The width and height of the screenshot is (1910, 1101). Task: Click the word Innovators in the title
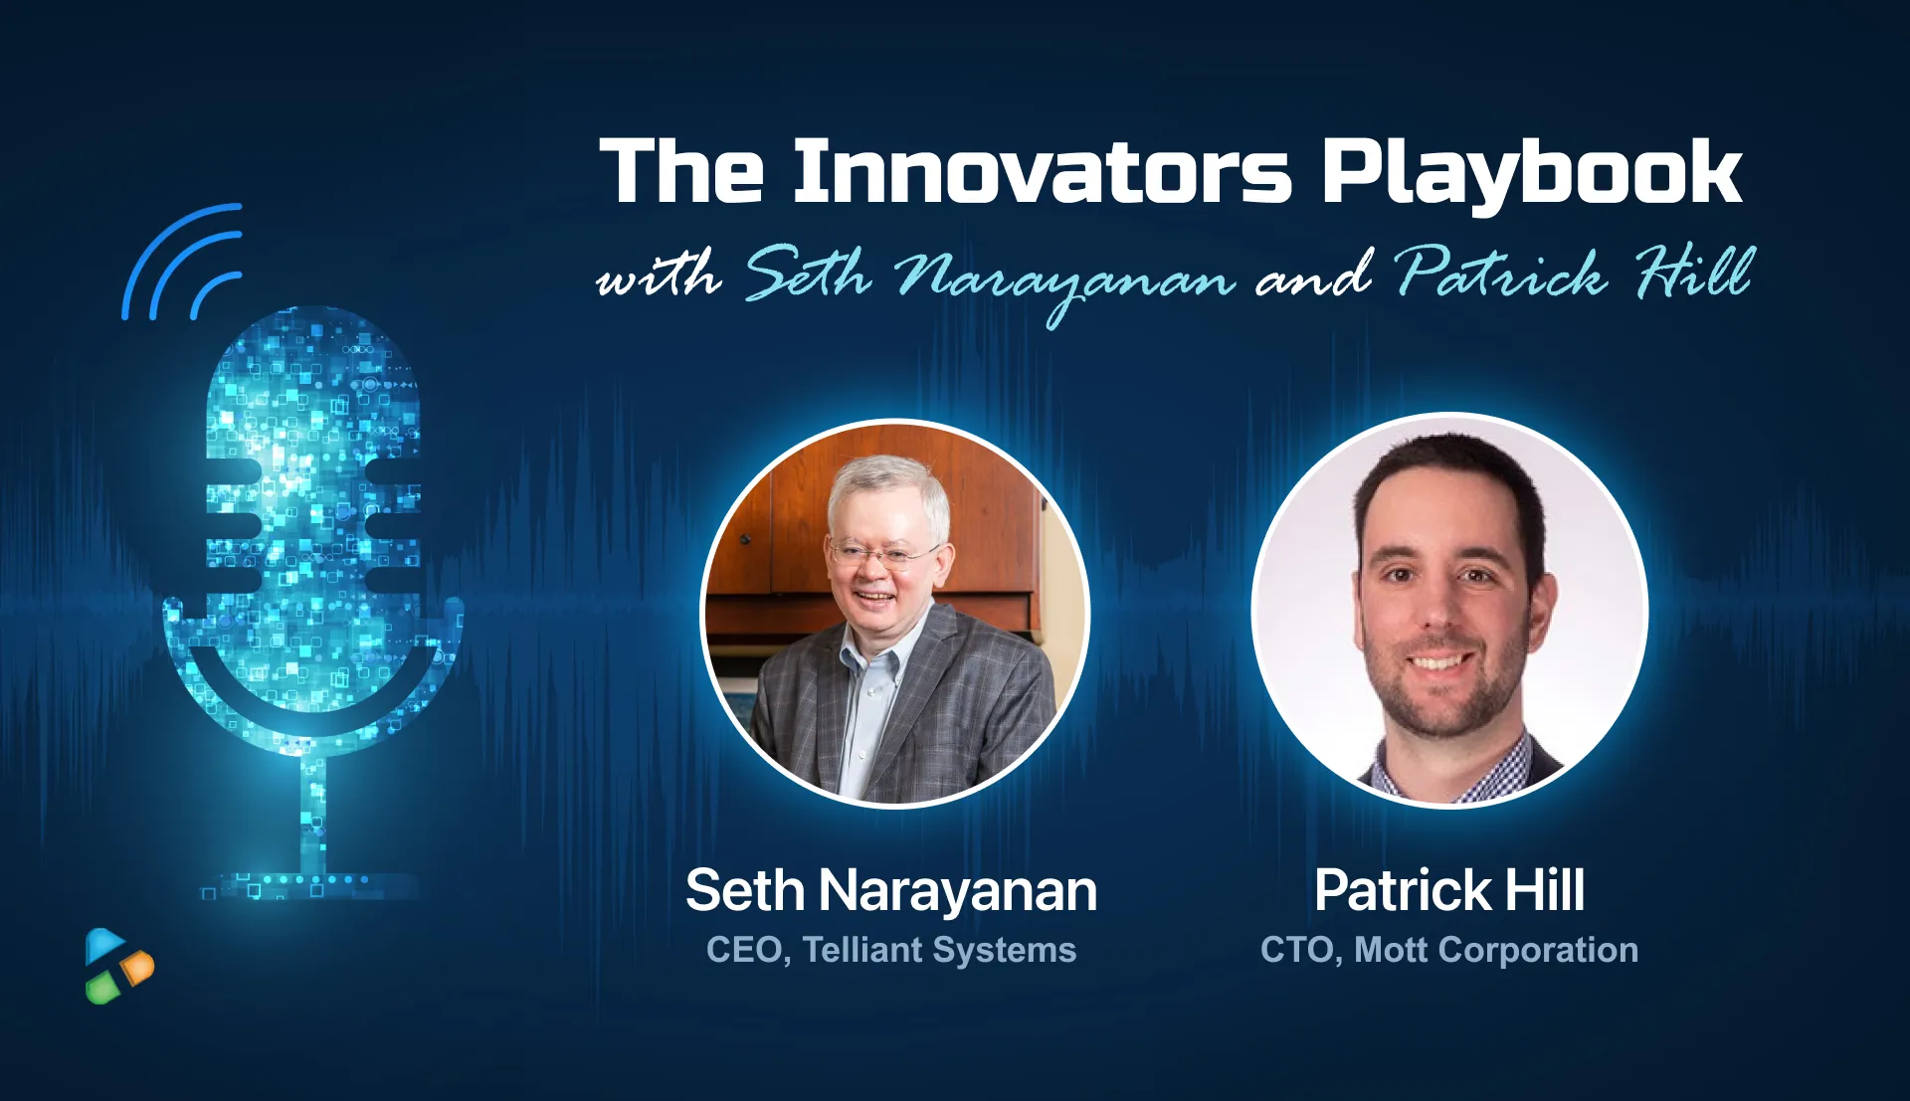coord(1042,172)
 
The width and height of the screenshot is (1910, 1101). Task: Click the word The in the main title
coord(681,172)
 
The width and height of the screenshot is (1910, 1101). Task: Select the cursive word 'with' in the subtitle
coord(658,275)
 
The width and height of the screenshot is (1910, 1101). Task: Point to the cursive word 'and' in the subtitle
coord(1313,275)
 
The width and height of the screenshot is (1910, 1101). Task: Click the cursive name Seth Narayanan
coord(990,277)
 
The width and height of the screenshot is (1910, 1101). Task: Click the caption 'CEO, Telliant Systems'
coord(890,950)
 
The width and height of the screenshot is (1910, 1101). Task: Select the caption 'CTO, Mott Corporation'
coord(1448,950)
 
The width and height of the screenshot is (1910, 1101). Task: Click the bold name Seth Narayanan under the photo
coord(890,890)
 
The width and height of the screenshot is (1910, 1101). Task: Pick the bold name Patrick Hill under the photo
coord(1448,890)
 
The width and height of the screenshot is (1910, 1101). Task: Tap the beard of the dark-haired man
coord(1442,696)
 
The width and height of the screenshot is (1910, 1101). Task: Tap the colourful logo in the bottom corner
coord(118,966)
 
